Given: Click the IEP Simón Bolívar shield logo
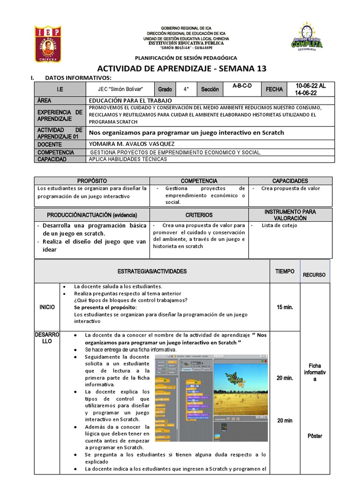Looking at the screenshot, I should click(47, 44).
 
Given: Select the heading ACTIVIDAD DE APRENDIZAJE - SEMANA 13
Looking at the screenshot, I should click(181, 68).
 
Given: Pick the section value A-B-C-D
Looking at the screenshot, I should click(242, 86).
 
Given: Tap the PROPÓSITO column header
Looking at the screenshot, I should click(92, 180).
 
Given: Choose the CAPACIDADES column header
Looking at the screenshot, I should click(290, 180).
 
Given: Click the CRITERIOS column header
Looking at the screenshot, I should click(199, 215).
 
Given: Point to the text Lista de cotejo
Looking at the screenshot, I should click(279, 225).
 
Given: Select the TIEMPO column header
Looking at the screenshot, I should click(285, 271).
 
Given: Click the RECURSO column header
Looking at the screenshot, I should click(314, 275).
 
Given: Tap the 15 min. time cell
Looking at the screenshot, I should click(285, 307).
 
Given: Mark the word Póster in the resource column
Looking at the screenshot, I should click(315, 436).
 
